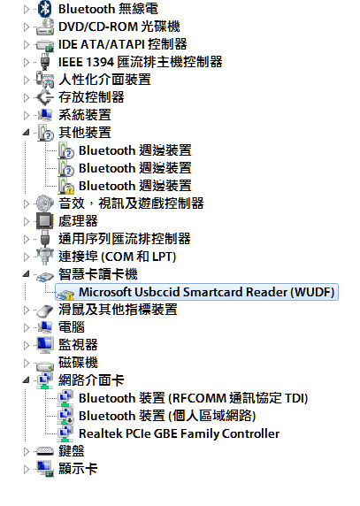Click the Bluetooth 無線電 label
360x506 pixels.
(x=108, y=9)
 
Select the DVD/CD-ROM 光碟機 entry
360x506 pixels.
(x=119, y=27)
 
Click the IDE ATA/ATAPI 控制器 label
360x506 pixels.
(x=123, y=44)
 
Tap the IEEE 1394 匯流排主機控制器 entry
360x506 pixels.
(x=141, y=62)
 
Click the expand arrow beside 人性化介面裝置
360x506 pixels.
(x=27, y=80)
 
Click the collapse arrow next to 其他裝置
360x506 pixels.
(x=27, y=133)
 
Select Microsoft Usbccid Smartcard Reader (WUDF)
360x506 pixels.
(x=206, y=292)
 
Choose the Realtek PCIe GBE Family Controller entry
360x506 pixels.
(x=179, y=433)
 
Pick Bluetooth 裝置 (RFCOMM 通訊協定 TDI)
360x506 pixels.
(x=193, y=398)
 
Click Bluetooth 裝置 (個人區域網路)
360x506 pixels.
(x=167, y=416)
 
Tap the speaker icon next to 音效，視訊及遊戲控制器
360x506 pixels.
(x=44, y=203)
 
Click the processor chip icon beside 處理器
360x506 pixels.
(x=44, y=221)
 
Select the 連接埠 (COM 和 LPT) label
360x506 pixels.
(x=117, y=257)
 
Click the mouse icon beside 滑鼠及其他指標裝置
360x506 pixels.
(x=44, y=310)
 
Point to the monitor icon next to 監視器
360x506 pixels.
(x=45, y=345)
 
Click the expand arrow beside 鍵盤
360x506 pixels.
(x=27, y=451)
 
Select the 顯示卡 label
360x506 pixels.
(x=78, y=469)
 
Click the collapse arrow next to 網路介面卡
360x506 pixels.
(x=27, y=380)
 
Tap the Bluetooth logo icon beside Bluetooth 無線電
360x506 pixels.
(x=44, y=9)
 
